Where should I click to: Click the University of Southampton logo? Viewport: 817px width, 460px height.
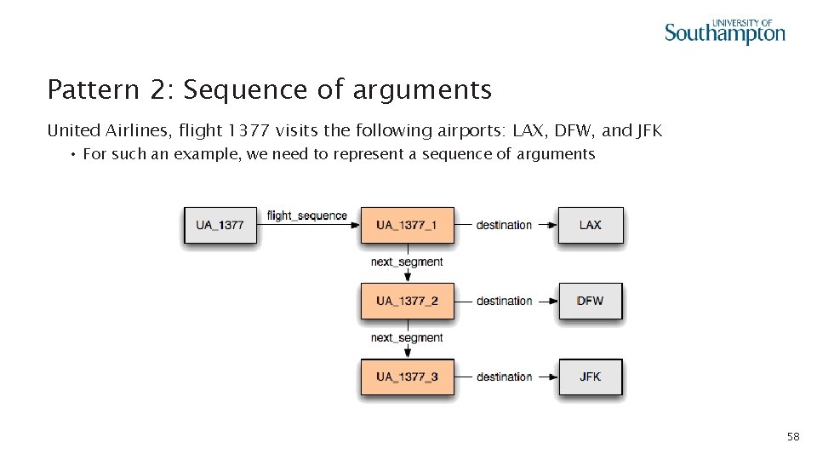724,32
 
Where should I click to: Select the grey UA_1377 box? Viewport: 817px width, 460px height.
220,225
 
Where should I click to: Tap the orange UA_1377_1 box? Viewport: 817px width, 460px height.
407,225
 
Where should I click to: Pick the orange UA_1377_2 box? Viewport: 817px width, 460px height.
407,301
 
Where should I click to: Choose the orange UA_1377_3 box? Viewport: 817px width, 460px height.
407,377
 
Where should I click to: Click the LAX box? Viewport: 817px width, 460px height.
590,225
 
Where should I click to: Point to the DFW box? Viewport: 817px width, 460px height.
590,301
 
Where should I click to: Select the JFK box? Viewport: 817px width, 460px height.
590,377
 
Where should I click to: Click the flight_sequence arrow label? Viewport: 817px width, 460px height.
307,216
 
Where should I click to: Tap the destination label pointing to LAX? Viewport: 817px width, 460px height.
504,225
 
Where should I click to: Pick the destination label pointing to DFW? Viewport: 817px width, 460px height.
504,301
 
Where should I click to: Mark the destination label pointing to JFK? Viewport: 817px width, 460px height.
504,377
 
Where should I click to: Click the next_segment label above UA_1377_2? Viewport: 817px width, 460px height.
407,262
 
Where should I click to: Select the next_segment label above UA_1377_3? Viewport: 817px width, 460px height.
407,338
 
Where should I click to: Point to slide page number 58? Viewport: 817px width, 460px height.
793,437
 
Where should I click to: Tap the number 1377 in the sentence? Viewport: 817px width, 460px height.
249,131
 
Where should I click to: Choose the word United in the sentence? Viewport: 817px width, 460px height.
71,131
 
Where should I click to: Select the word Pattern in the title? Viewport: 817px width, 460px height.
81,89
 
